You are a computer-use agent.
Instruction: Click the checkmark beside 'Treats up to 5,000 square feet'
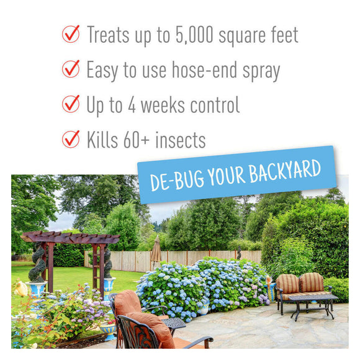point(71,34)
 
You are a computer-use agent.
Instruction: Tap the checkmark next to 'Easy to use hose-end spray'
point(71,69)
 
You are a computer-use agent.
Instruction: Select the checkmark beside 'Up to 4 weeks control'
point(71,104)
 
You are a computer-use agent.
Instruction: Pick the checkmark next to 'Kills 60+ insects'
point(71,138)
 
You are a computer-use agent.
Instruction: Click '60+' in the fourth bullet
point(139,140)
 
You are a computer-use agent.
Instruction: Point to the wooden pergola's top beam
point(70,238)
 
